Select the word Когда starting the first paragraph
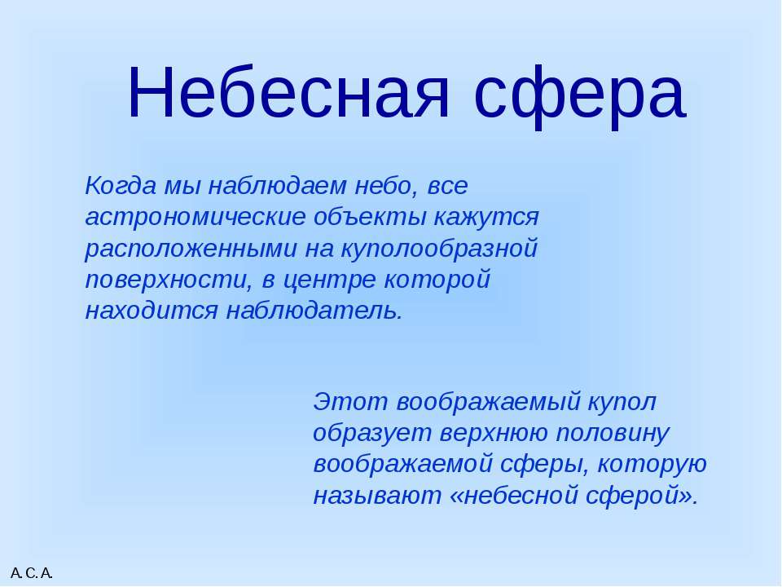pyautogui.click(x=121, y=187)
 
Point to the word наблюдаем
pyautogui.click(x=277, y=187)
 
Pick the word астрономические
pyautogui.click(x=195, y=218)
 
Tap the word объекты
pyautogui.click(x=370, y=217)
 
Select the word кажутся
pyautogui.click(x=486, y=218)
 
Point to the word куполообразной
pyautogui.click(x=439, y=249)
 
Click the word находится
pyautogui.click(x=152, y=311)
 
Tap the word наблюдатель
pyautogui.click(x=314, y=310)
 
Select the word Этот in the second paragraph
pyautogui.click(x=350, y=402)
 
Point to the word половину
pyautogui.click(x=612, y=434)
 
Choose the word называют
pyautogui.click(x=377, y=497)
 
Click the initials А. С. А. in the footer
pyautogui.click(x=32, y=573)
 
